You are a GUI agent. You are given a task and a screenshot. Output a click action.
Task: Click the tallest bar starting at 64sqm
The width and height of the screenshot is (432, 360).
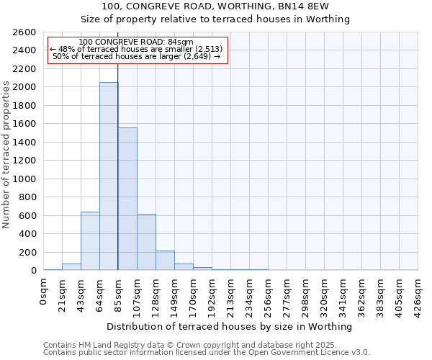point(109,176)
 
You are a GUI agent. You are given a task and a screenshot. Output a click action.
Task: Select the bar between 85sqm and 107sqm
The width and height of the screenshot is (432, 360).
point(127,199)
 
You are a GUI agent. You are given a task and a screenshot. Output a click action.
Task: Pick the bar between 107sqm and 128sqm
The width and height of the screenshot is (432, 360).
point(146,242)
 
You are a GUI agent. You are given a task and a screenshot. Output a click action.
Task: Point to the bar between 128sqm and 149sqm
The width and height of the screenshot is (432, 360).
point(165,261)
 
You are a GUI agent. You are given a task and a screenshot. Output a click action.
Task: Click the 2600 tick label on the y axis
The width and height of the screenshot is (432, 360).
point(24,32)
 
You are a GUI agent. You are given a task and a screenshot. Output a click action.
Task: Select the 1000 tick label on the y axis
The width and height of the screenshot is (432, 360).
point(24,179)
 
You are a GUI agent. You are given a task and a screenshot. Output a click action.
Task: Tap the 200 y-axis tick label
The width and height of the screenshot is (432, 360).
point(27,253)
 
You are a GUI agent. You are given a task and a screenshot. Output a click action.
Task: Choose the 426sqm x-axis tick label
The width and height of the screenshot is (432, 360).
point(418,294)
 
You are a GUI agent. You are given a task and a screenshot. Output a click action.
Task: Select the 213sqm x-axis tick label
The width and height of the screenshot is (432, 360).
point(231,294)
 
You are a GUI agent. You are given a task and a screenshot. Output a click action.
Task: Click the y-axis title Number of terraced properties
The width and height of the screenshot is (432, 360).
point(6,155)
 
